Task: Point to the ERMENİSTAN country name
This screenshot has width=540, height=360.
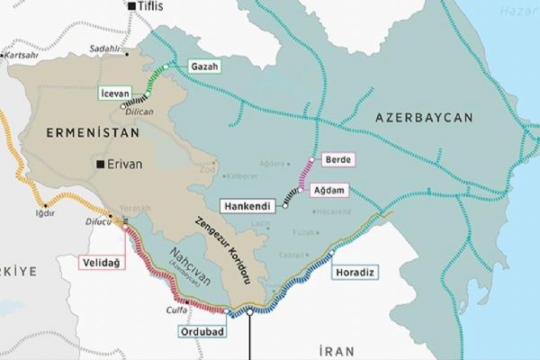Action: (x=93, y=132)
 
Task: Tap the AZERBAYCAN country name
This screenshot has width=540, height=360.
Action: (x=425, y=118)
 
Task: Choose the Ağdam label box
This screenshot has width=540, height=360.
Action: (x=329, y=190)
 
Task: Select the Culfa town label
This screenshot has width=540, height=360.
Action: (x=176, y=310)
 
